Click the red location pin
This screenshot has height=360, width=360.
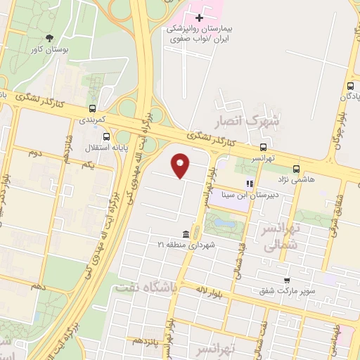[x=181, y=165]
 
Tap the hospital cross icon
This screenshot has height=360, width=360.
[x=199, y=17]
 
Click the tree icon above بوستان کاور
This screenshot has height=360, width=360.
[x=49, y=38]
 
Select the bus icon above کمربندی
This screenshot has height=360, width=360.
[x=93, y=108]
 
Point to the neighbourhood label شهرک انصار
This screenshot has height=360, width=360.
[x=246, y=121]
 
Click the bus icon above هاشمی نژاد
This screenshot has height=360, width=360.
[x=296, y=169]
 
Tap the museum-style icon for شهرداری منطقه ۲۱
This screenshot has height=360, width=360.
[x=185, y=233]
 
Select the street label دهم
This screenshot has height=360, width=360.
[x=37, y=287]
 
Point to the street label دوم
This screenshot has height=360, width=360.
[x=35, y=153]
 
